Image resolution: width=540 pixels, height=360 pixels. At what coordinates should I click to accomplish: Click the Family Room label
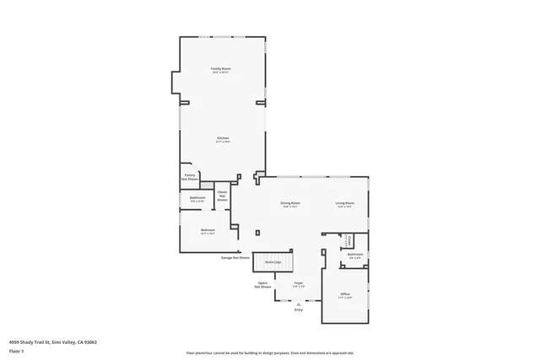click(221, 69)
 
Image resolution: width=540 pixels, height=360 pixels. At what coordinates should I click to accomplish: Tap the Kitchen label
click(223, 139)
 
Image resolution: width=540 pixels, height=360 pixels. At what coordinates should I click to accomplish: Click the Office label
click(344, 294)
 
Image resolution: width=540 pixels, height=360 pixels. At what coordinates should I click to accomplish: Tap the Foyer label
click(298, 284)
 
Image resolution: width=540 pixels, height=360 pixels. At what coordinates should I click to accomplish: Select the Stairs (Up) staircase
click(273, 262)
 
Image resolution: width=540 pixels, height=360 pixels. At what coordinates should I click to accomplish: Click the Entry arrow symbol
click(298, 304)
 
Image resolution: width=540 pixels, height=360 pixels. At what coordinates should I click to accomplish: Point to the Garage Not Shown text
click(235, 257)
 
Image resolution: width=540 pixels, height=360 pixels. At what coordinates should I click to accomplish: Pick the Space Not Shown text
click(263, 285)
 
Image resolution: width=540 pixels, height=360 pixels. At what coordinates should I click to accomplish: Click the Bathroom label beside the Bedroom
click(197, 199)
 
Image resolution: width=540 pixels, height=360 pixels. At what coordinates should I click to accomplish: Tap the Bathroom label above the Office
click(355, 255)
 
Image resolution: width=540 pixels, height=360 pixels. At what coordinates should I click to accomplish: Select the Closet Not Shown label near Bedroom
click(222, 196)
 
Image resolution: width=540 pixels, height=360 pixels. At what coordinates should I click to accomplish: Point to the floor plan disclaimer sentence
click(270, 353)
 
